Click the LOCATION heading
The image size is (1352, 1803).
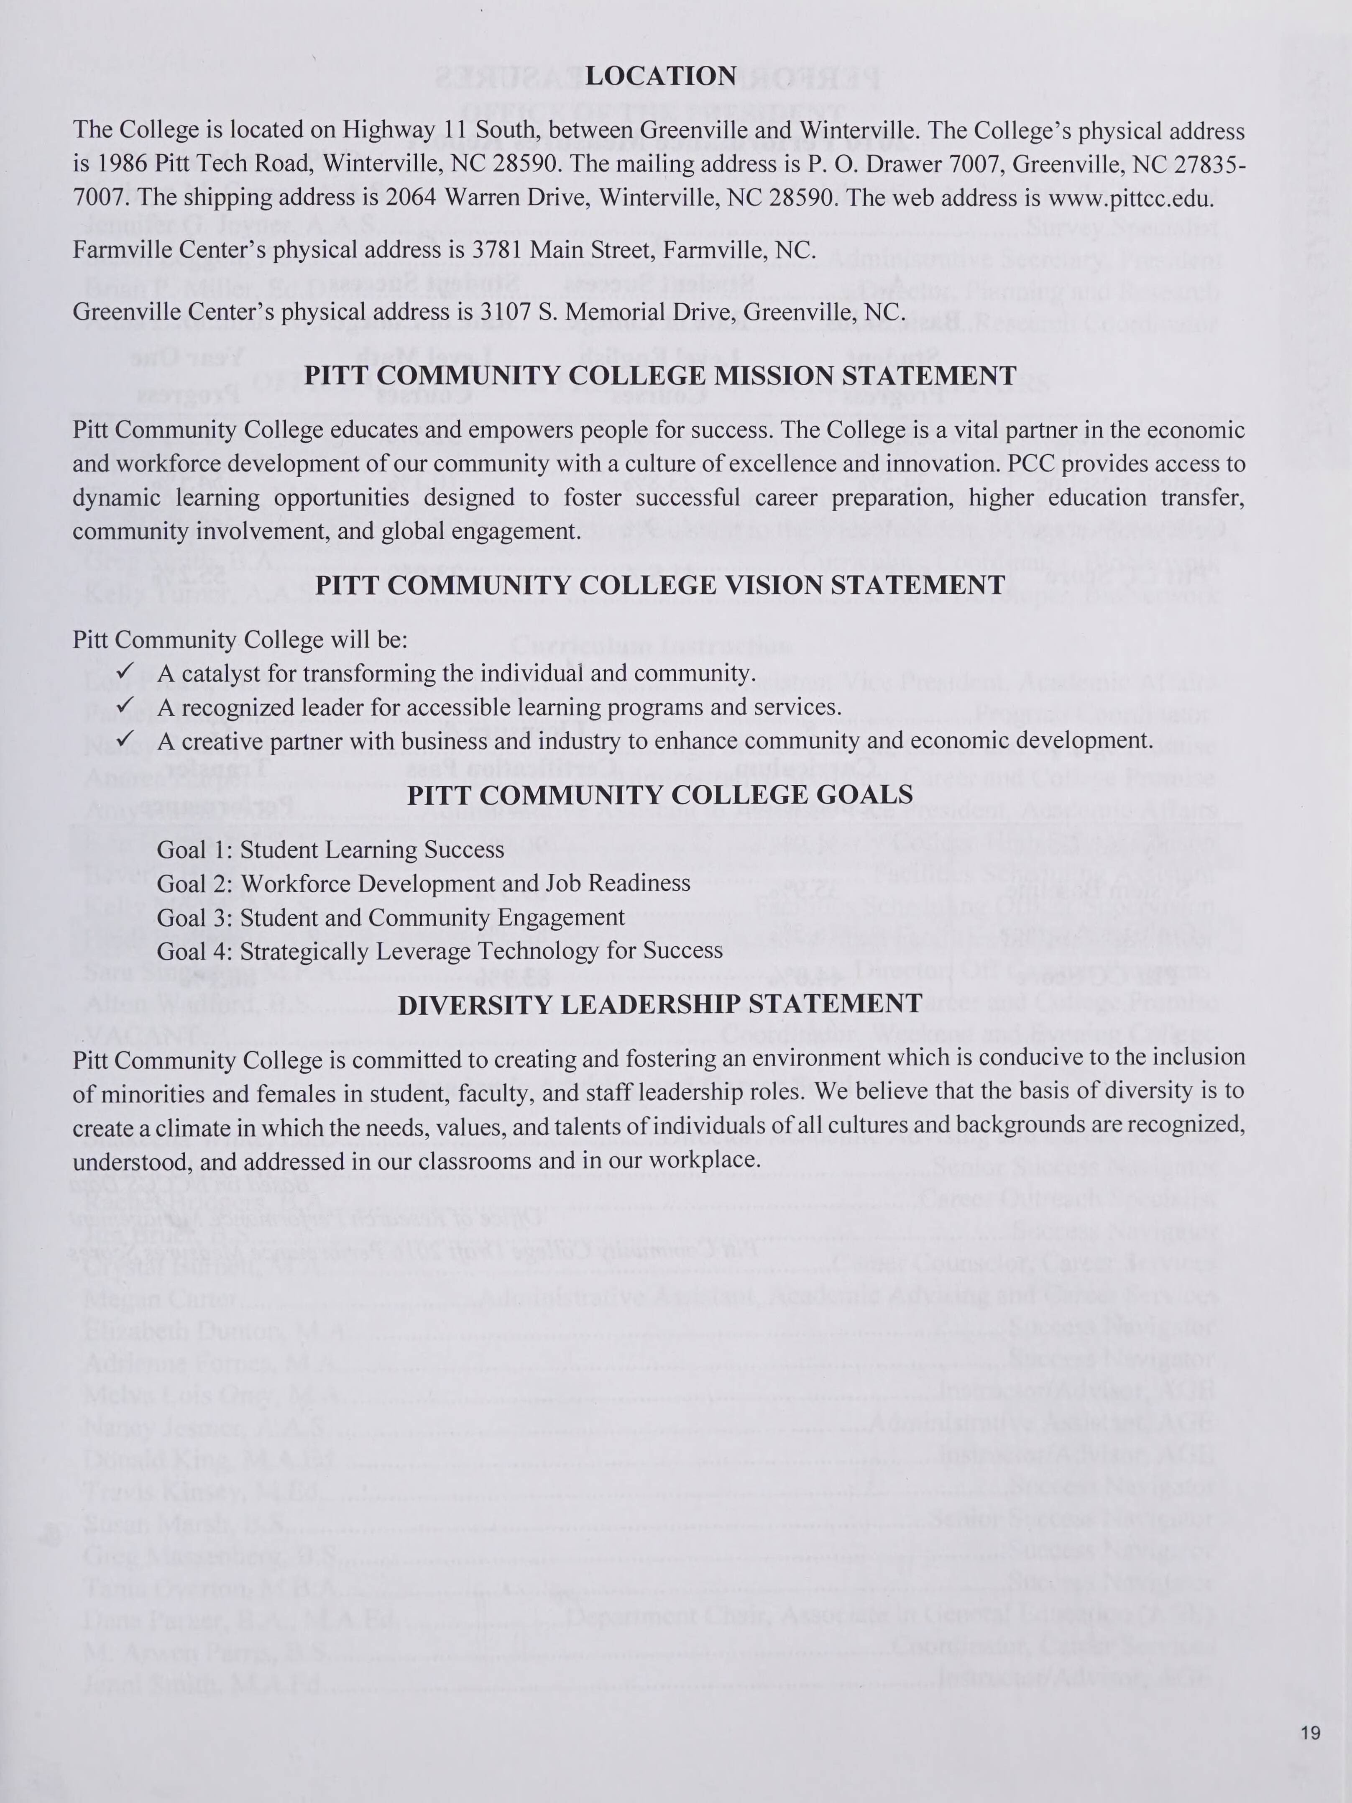pyautogui.click(x=661, y=76)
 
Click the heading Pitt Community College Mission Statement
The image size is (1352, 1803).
pyautogui.click(x=660, y=376)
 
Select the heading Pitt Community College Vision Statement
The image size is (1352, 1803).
pyautogui.click(x=660, y=585)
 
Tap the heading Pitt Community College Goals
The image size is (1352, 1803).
pyautogui.click(x=660, y=795)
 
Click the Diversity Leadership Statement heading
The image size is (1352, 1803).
pyautogui.click(x=660, y=1004)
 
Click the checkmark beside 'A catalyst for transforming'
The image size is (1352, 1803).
pyautogui.click(x=125, y=672)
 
